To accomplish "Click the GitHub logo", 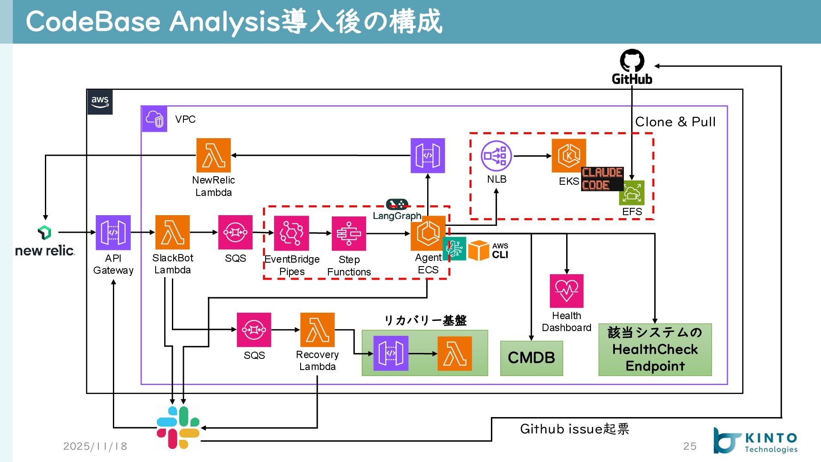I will point(632,61).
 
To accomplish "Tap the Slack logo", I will point(178,427).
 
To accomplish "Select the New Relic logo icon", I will point(44,233).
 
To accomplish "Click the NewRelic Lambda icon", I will point(213,155).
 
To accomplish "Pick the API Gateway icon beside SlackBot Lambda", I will point(113,233).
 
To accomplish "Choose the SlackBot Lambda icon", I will point(172,232).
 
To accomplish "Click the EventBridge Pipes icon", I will point(291,233).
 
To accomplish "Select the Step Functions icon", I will point(349,234).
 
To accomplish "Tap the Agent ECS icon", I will point(428,233).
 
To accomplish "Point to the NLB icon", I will point(496,156).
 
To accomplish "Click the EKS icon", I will point(569,156).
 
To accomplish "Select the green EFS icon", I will point(632,193).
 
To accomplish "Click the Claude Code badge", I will point(602,179).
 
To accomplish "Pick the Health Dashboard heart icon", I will point(567,291).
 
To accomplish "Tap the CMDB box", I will point(532,358).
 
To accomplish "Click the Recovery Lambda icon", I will point(317,330).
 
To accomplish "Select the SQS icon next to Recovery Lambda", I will point(254,330).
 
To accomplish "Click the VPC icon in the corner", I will point(154,119).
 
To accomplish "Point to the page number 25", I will point(690,446).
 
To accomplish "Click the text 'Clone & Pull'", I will point(675,122).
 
